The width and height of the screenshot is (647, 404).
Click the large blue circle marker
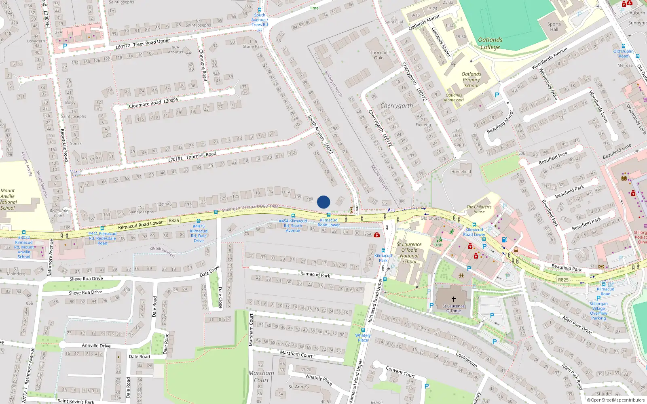point(323,202)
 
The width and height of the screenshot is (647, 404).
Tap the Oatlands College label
point(490,43)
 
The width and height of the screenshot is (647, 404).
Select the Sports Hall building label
point(554,27)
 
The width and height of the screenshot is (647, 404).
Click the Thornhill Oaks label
point(379,55)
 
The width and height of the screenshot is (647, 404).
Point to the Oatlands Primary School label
point(471,80)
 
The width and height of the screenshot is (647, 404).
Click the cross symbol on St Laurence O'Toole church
point(454,299)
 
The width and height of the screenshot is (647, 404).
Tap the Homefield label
point(461,172)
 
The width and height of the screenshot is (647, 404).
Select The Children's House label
point(479,209)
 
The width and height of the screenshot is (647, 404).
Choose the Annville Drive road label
point(96,346)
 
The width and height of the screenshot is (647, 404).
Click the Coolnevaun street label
point(467,359)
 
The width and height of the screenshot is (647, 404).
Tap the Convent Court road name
point(400,372)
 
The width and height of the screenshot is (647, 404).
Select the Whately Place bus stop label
point(363,338)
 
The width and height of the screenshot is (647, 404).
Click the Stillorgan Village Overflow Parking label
point(598,311)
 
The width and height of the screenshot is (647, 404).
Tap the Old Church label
point(431,218)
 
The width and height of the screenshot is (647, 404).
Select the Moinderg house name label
point(16,274)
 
